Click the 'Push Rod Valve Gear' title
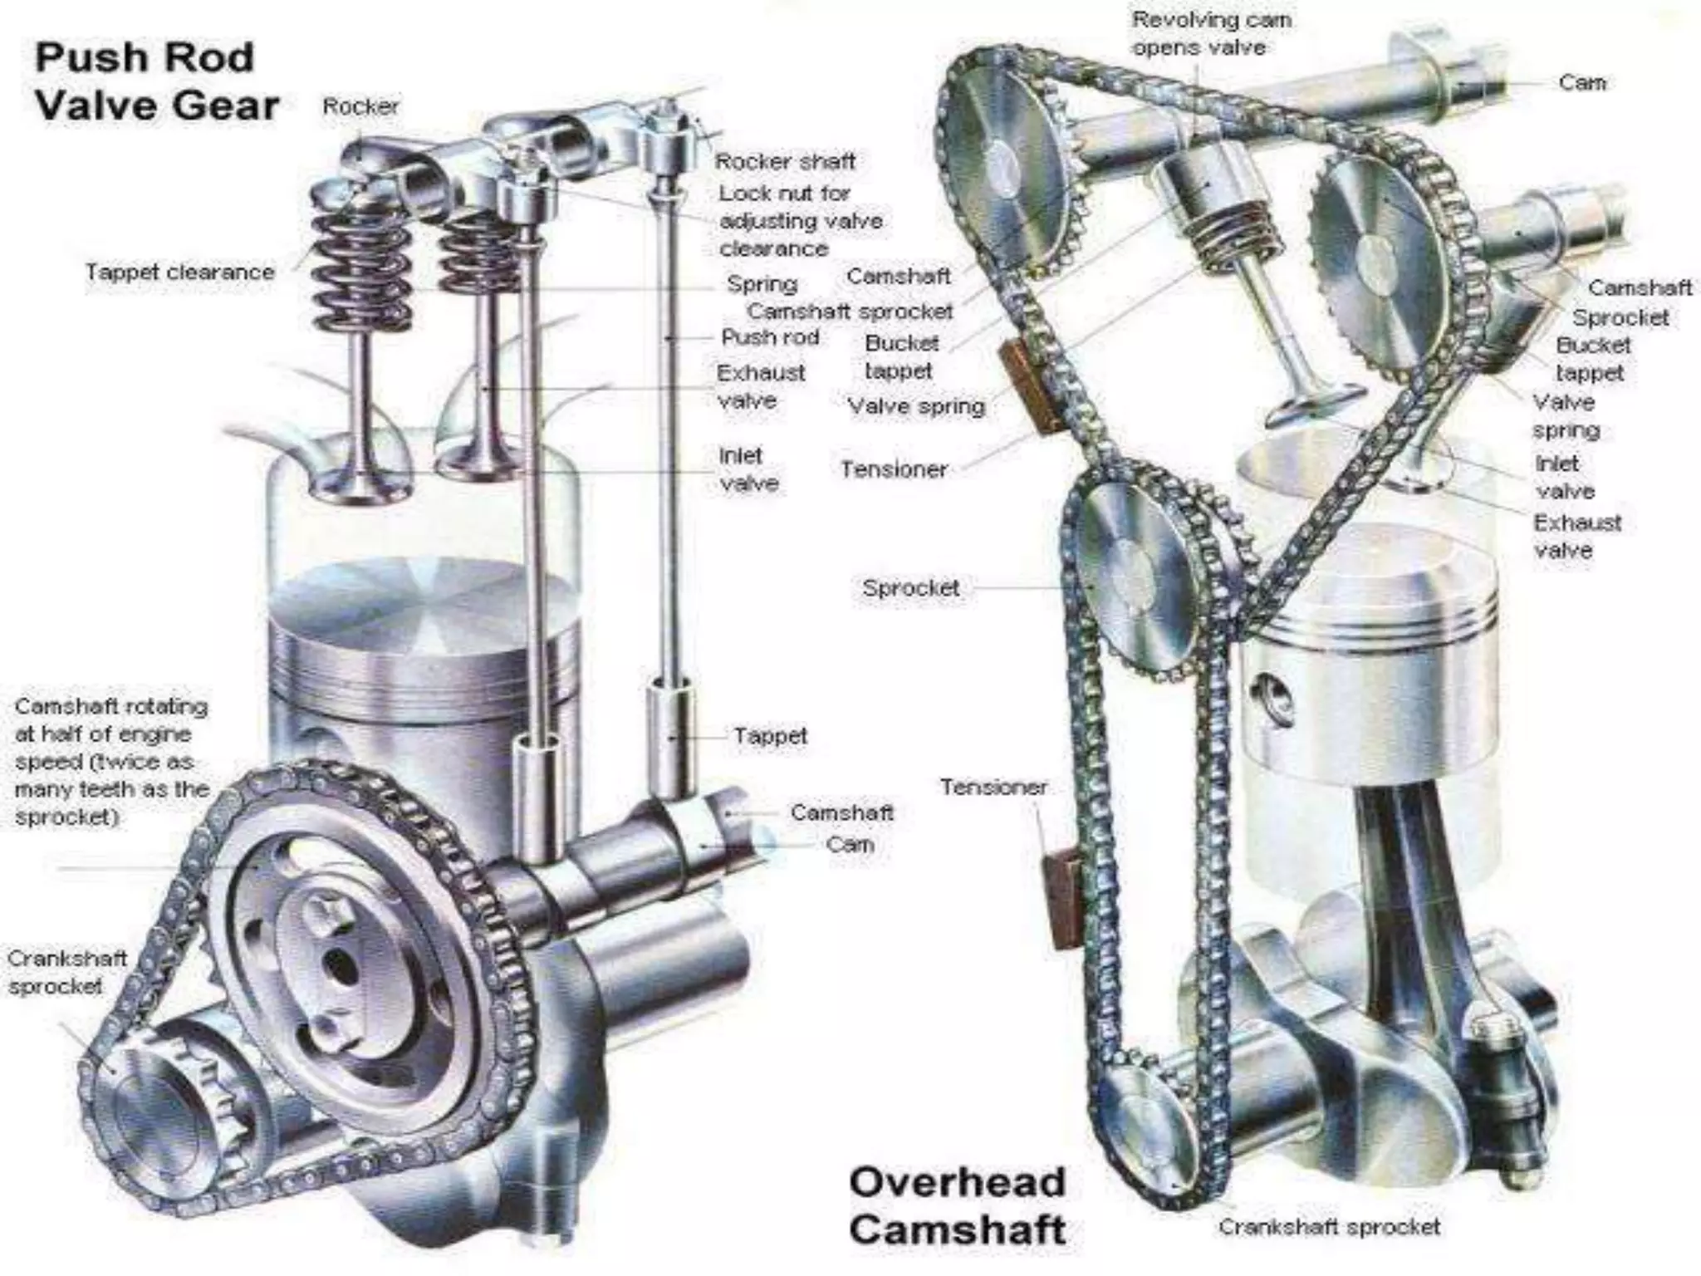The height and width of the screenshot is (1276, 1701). [156, 82]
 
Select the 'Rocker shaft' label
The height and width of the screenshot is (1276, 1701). [784, 161]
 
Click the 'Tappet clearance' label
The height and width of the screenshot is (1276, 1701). [179, 272]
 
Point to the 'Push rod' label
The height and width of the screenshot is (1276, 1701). [770, 337]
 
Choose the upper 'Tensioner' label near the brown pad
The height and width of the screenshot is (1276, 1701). [894, 469]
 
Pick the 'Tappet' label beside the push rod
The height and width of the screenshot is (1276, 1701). [770, 736]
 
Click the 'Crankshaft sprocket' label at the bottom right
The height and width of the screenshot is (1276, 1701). [1329, 1226]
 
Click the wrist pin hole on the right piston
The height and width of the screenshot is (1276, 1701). [1269, 694]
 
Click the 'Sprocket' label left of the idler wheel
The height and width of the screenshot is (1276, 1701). [910, 588]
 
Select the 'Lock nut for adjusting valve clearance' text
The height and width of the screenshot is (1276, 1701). [800, 221]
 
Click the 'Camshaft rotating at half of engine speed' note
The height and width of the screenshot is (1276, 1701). [110, 762]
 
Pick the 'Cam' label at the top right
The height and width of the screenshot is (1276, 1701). [1581, 82]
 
